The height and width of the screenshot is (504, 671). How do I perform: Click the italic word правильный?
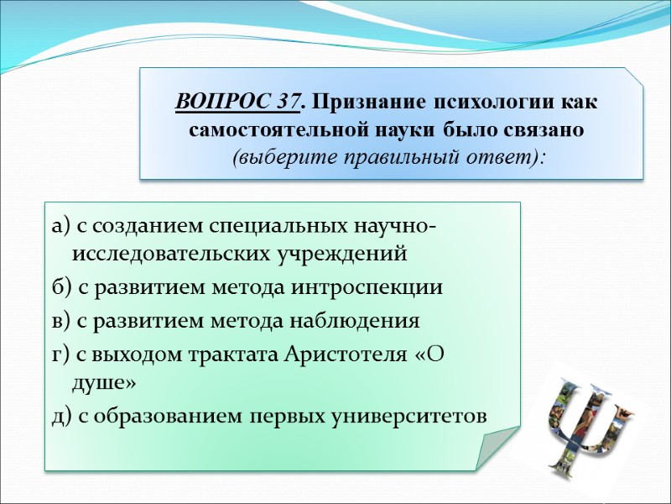point(391,158)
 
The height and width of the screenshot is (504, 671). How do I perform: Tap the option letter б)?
point(60,288)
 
